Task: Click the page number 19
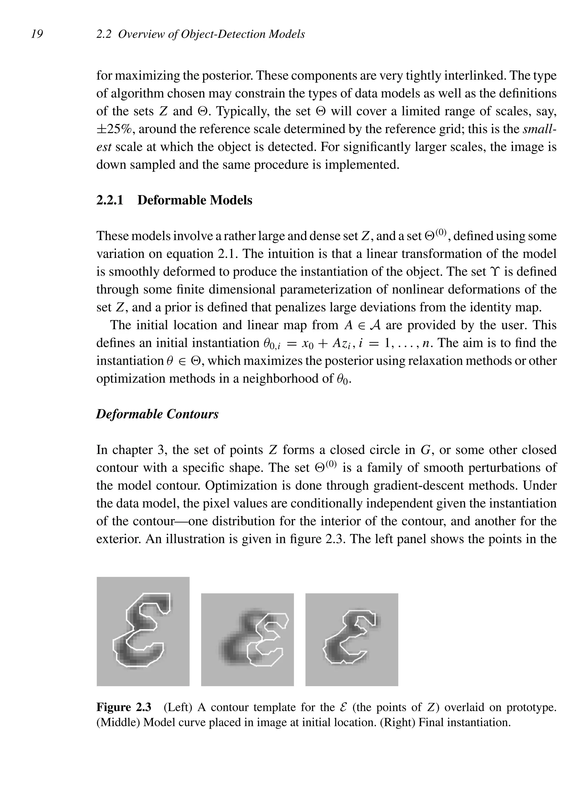[37, 34]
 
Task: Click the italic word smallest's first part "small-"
[539, 129]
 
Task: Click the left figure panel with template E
[143, 631]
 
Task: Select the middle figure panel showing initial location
[247, 639]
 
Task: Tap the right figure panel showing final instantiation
[352, 639]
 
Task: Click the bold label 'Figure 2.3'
[124, 707]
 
